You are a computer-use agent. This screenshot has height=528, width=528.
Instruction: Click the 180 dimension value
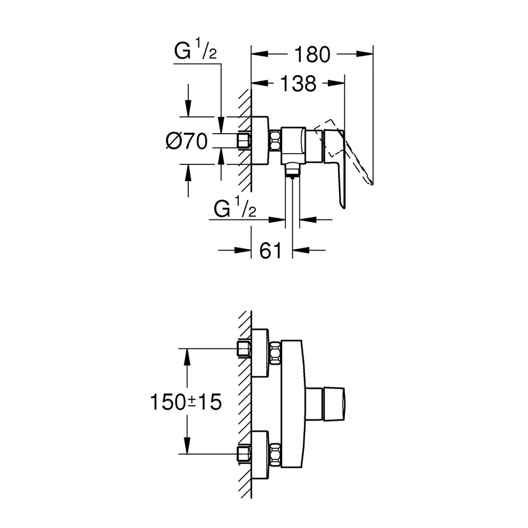(312, 54)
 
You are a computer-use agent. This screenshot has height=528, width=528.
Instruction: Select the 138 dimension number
(297, 84)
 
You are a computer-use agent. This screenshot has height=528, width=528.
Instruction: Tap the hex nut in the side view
(275, 141)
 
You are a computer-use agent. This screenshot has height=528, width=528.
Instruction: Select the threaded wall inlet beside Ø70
(243, 141)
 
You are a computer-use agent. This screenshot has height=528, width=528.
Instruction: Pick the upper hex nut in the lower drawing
(275, 351)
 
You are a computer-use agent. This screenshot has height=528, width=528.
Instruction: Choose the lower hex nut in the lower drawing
(275, 454)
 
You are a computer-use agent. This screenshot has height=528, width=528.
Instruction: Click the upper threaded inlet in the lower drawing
(243, 350)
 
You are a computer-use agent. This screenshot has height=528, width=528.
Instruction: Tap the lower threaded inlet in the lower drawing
(243, 454)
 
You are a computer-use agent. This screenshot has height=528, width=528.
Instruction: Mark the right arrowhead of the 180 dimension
(368, 54)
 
